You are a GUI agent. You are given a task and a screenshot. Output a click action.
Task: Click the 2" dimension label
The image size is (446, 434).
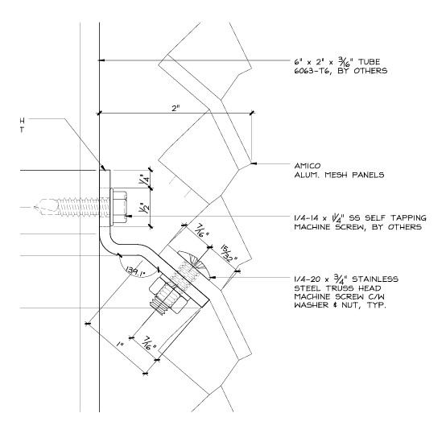[176, 108]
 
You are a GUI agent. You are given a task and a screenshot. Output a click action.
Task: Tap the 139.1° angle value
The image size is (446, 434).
[135, 272]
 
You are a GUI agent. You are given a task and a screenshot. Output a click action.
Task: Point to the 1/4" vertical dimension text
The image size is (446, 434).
[144, 180]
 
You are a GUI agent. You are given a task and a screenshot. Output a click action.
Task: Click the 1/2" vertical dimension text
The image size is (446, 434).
[144, 210]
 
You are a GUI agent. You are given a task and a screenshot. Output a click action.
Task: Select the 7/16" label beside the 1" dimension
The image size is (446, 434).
[149, 343]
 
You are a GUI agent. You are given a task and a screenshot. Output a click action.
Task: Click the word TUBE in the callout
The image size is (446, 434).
[369, 62]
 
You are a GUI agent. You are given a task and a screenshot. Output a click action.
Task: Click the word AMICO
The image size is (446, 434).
[308, 166]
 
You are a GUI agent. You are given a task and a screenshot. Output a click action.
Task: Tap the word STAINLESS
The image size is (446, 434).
[375, 279]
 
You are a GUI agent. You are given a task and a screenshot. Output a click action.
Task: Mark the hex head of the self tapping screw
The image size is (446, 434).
[119, 207]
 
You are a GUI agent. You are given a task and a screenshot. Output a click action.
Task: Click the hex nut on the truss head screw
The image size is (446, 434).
[167, 293]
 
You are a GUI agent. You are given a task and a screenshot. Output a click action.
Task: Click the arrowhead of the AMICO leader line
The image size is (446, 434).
[254, 163]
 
